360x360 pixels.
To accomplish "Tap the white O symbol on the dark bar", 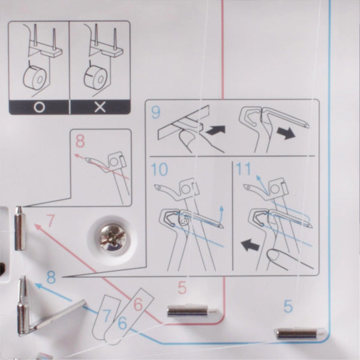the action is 39,107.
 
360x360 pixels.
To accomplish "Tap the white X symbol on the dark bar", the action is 100,107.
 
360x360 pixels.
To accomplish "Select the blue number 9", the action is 156,112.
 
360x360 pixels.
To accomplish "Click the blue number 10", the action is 160,169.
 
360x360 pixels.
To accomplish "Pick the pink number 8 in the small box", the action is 80,141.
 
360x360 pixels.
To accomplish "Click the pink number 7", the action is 50,220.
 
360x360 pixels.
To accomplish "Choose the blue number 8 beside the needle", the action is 51,277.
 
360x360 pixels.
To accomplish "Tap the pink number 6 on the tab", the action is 138,304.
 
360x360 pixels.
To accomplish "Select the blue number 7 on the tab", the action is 107,315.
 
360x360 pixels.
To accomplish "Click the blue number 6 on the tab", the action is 122,323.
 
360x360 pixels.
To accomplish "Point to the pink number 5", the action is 182,287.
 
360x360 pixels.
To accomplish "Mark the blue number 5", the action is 288,306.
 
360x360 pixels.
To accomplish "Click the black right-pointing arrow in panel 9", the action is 286,133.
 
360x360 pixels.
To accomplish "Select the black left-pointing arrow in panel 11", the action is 250,245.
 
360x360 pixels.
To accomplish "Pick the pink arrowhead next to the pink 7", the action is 38,227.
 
